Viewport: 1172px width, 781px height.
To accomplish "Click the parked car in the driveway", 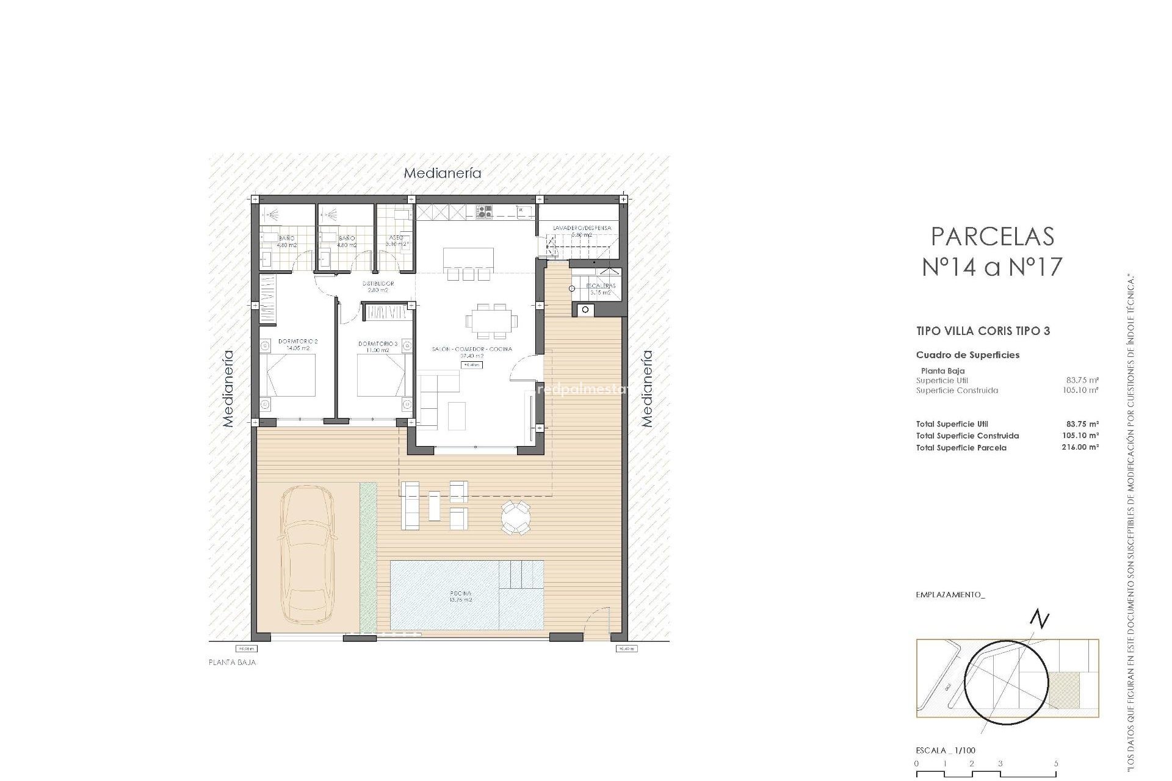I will pos(306,554).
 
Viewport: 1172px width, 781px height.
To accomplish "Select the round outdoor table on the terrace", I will pos(516,518).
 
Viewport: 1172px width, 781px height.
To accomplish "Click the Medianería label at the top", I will pos(443,173).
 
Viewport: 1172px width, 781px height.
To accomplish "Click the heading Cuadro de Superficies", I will pos(968,355).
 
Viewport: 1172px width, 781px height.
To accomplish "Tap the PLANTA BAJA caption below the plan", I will pos(233,663).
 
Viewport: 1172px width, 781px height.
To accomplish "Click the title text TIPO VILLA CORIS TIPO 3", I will pos(983,331).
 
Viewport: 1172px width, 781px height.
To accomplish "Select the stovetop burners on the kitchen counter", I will pos(485,212).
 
